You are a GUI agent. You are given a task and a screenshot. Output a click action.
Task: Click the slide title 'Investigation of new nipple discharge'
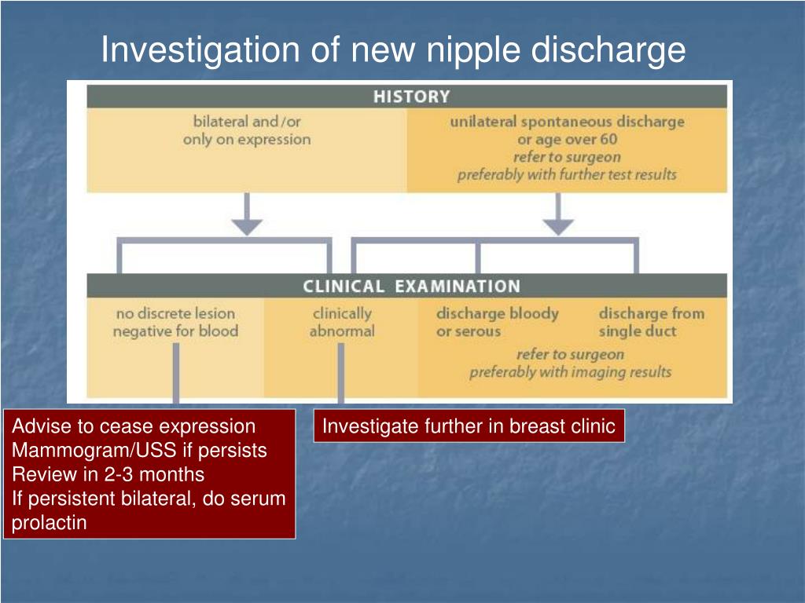pos(393,50)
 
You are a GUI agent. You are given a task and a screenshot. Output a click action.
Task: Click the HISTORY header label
pos(411,97)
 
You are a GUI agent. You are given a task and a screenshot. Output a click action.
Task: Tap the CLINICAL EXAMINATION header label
pos(411,287)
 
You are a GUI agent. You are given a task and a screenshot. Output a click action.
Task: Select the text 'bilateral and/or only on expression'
pos(247,131)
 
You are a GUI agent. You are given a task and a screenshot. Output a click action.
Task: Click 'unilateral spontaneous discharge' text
pos(567,122)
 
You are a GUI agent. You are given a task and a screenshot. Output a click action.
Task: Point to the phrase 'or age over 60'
pos(567,140)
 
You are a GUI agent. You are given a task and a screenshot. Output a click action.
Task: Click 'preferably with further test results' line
pos(567,174)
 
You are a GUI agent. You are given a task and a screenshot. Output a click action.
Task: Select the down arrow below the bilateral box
pos(248,217)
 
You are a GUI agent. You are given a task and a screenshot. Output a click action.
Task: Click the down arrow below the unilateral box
pos(559,217)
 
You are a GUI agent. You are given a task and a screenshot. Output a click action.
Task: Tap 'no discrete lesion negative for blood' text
pos(175,323)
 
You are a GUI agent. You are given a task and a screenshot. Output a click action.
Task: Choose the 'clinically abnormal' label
pos(342,323)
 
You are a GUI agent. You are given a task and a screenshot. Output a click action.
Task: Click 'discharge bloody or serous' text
pos(497,323)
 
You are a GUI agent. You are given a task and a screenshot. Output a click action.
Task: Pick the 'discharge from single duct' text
pos(651,323)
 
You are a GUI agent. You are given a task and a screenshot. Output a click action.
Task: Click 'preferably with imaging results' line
pos(570,372)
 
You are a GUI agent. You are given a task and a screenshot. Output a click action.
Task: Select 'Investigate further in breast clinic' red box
pos(469,426)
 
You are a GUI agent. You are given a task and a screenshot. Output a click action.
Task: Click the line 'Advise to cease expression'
pos(134,426)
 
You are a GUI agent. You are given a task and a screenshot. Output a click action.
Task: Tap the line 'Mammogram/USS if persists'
pos(139,451)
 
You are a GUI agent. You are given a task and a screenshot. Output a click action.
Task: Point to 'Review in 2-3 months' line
pos(108,475)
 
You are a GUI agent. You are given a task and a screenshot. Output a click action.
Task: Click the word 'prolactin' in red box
pos(49,523)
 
